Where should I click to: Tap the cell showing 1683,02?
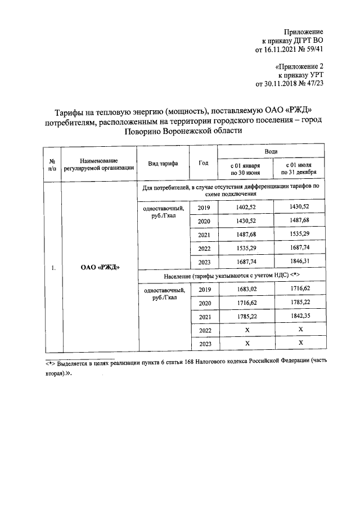click(245, 289)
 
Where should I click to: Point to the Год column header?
click(204, 163)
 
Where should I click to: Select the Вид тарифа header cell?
click(163, 163)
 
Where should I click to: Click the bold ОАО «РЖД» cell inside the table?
click(100, 268)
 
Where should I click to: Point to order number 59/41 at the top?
click(312, 49)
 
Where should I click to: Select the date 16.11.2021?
click(278, 49)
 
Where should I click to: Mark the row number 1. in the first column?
click(52, 268)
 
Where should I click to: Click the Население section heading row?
click(233, 276)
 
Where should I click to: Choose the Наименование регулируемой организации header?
click(99, 164)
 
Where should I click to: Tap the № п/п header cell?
click(52, 164)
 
